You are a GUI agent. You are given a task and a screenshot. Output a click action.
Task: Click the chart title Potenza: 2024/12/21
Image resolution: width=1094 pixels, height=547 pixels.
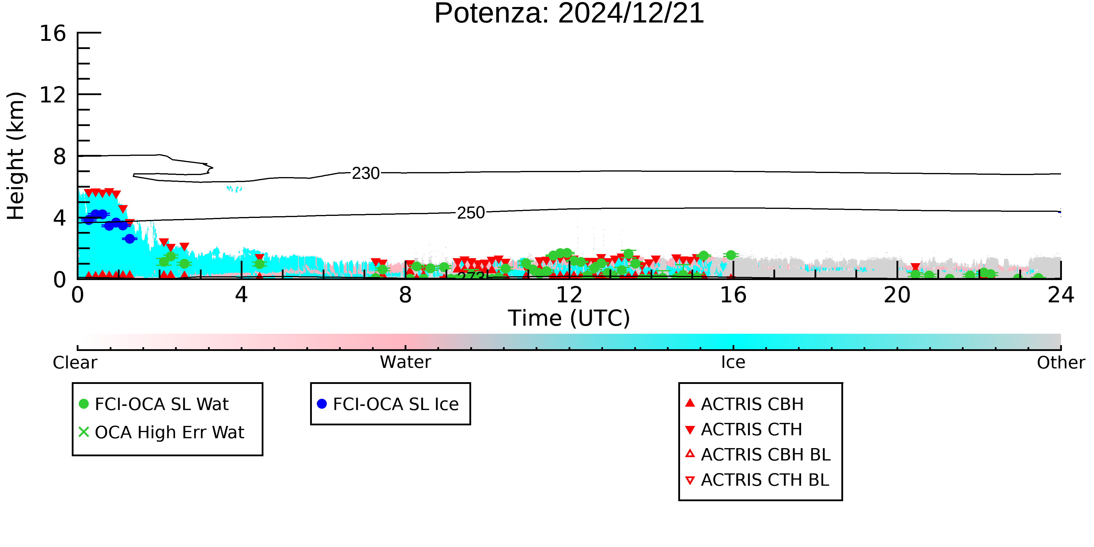[569, 14]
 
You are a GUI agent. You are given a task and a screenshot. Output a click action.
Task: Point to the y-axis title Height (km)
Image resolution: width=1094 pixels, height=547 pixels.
[16, 156]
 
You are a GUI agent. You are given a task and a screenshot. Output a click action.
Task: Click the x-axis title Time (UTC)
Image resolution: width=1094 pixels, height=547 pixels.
[569, 318]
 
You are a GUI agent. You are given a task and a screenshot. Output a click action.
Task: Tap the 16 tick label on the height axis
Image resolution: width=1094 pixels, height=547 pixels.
[53, 33]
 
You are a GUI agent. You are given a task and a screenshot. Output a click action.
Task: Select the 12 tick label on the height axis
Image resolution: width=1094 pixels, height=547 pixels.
[53, 95]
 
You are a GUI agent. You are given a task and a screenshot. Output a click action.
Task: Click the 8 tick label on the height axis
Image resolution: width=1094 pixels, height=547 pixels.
[60, 156]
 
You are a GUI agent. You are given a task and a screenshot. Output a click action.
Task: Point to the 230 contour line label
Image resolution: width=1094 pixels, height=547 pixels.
[366, 173]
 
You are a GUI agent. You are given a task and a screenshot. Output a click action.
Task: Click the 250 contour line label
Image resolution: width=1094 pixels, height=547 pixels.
[471, 213]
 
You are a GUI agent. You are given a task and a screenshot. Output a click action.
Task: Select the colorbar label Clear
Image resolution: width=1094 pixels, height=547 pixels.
[75, 363]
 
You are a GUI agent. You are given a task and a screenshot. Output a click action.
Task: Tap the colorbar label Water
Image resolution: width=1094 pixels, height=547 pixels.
[406, 362]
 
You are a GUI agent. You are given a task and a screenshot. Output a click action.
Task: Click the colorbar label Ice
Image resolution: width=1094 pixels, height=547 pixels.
[733, 362]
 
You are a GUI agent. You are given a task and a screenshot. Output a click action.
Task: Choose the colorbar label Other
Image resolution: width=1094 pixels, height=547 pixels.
[1061, 363]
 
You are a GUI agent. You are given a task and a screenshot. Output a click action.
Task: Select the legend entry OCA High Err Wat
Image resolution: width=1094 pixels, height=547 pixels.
[161, 432]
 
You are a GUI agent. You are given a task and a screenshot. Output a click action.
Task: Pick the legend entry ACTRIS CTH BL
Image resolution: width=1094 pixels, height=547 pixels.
[757, 480]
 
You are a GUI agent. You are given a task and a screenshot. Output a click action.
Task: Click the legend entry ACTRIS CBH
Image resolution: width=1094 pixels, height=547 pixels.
[745, 404]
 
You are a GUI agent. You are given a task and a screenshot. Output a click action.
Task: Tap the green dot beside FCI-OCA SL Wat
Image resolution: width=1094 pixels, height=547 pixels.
[84, 404]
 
